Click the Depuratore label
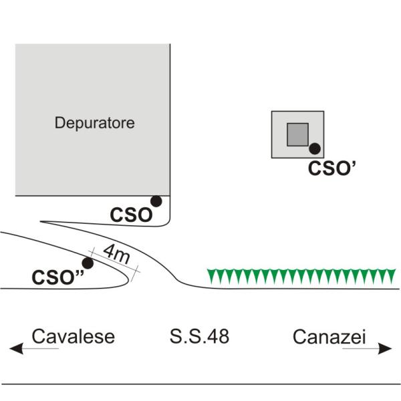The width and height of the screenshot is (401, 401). (95, 123)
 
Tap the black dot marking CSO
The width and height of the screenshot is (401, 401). (156, 200)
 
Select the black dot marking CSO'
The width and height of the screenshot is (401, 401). (314, 149)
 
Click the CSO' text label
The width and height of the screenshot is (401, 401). (335, 167)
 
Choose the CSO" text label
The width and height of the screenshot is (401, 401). (57, 276)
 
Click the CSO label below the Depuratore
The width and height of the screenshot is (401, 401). (132, 215)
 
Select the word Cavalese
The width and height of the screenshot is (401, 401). (74, 337)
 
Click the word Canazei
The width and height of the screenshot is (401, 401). (329, 337)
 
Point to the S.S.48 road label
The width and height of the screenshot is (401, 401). (199, 337)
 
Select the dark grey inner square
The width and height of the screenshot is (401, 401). (297, 134)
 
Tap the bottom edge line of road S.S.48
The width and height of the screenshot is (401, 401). (200, 384)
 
